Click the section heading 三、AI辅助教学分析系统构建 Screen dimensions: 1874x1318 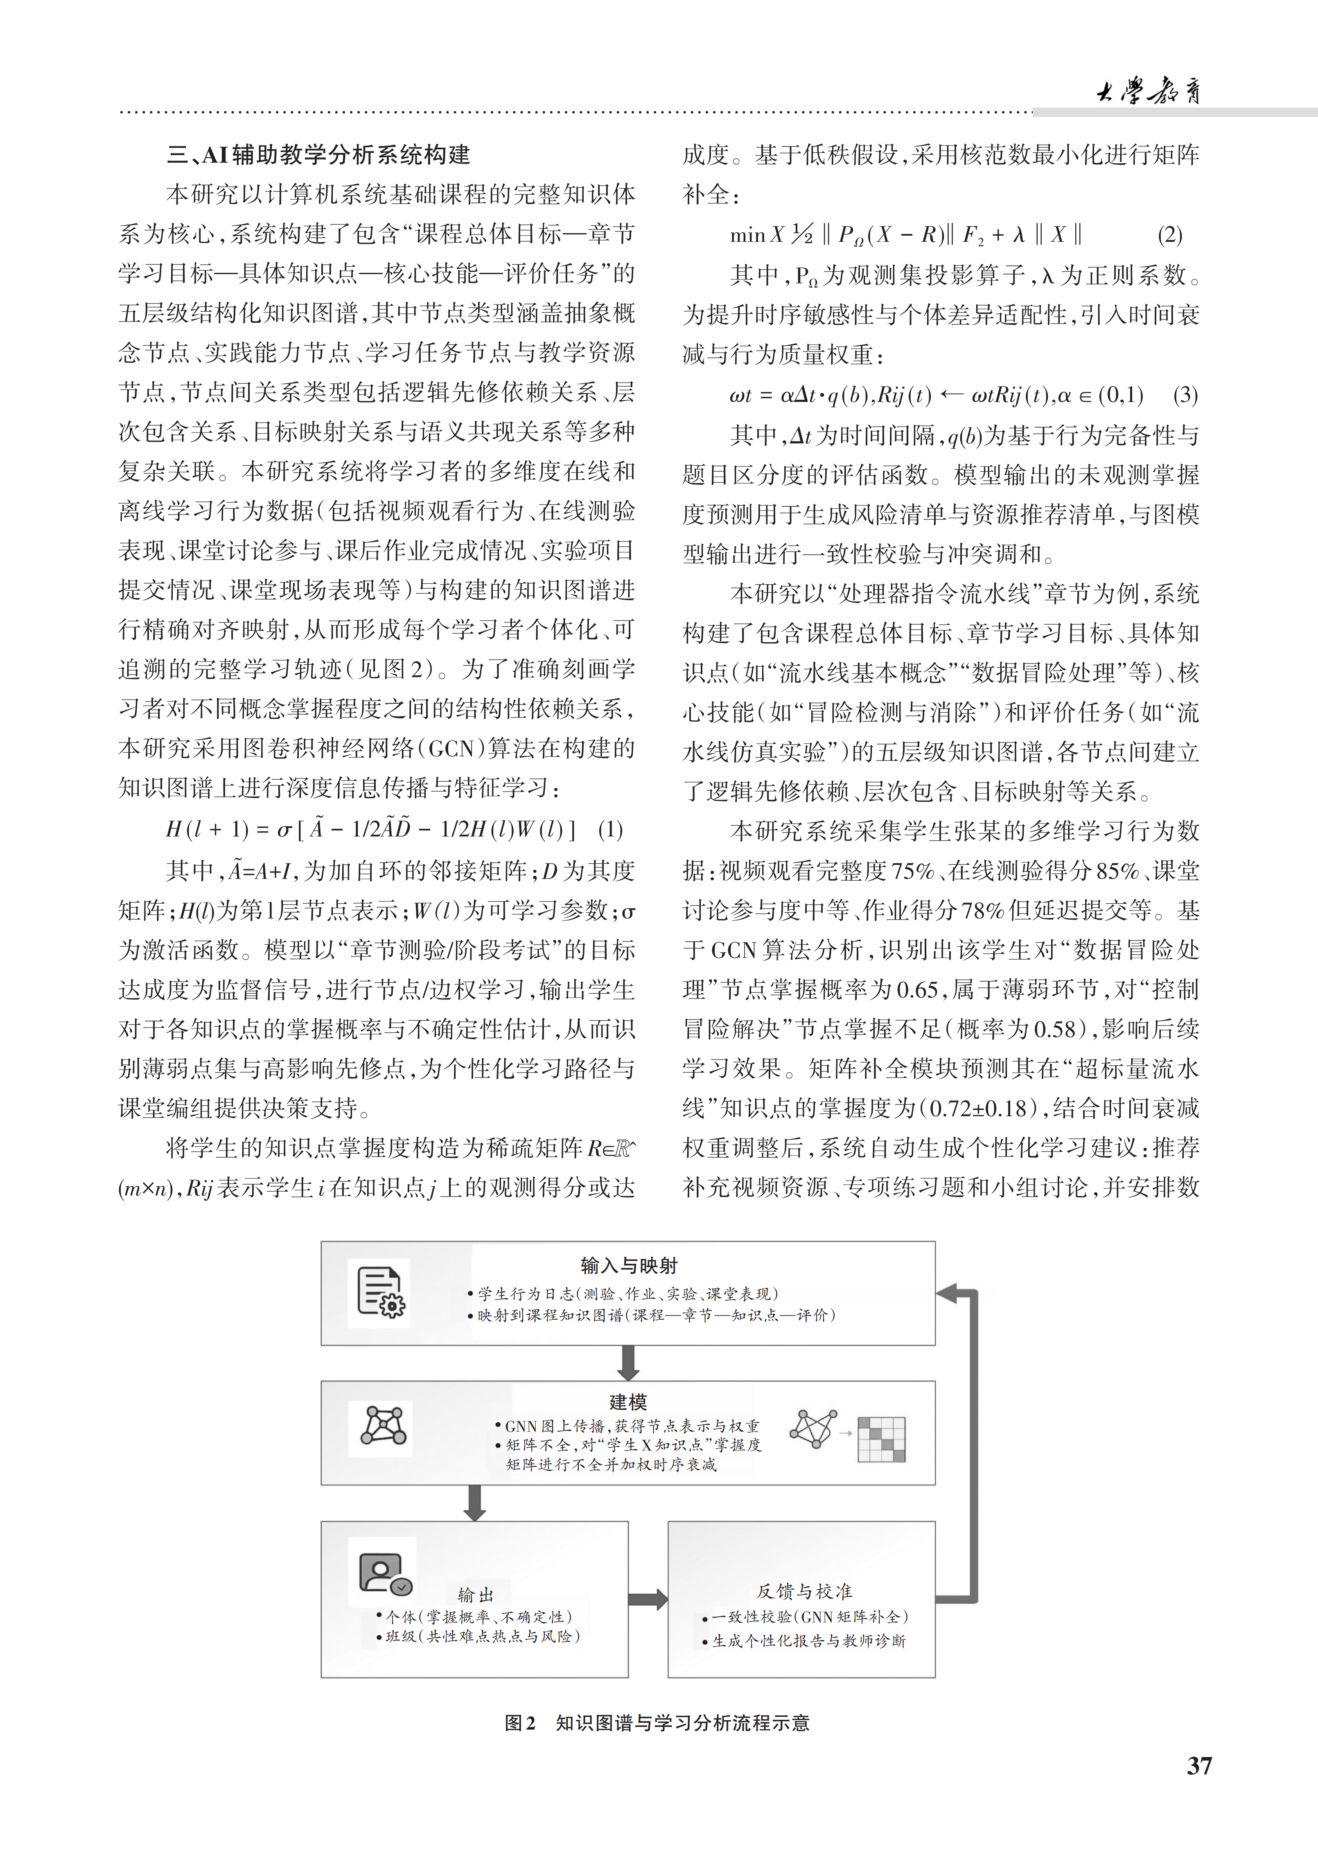318,154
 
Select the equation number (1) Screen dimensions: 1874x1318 611,830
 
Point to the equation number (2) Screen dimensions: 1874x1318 1169,236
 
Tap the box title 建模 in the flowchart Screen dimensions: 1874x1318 628,1402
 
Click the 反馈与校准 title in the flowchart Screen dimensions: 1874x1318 804,1592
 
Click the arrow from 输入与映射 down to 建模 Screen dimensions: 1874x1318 628,1363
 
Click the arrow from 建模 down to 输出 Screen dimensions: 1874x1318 474,1503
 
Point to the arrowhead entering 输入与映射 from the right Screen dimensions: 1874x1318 947,1293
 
